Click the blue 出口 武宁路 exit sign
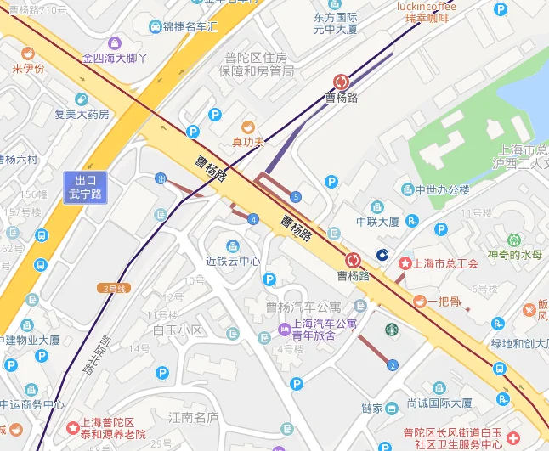click(87, 187)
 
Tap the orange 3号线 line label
click(114, 289)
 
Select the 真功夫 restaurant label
click(248, 141)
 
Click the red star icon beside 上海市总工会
click(405, 263)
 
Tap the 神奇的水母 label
click(514, 254)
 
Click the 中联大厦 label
click(377, 222)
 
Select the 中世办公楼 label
click(442, 189)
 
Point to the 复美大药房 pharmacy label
click(82, 114)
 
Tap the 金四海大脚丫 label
click(115, 59)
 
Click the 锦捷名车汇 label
click(190, 27)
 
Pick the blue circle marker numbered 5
click(296, 197)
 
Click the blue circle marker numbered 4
click(253, 219)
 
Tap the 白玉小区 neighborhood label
click(178, 330)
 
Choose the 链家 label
click(372, 409)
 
